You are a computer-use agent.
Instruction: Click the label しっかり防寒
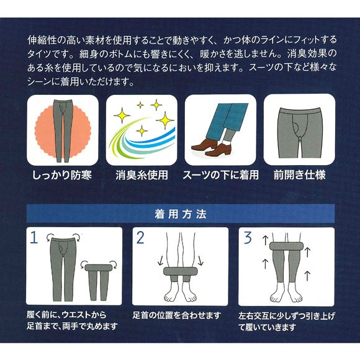[x=61, y=175]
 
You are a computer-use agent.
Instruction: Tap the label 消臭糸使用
[x=141, y=175]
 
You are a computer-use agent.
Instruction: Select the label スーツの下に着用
[x=220, y=175]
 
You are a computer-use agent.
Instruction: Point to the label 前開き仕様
[x=299, y=175]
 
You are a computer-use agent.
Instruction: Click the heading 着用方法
[x=180, y=214]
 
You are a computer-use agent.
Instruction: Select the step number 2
[x=141, y=237]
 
